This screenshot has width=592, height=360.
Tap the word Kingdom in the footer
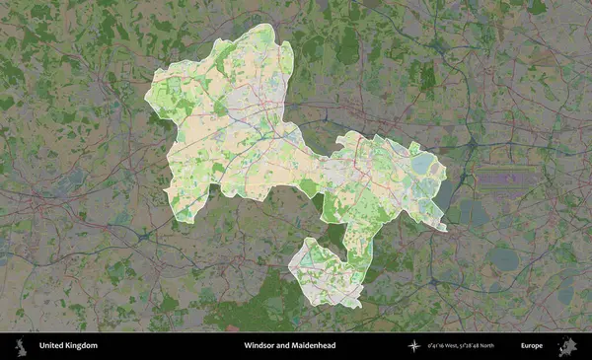point(82,346)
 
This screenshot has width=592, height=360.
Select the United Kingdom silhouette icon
point(20,346)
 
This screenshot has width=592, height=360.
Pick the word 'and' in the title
point(286,346)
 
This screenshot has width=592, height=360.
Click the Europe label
point(532,346)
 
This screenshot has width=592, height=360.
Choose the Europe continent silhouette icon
point(568,346)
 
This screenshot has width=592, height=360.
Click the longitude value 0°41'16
point(435,346)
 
